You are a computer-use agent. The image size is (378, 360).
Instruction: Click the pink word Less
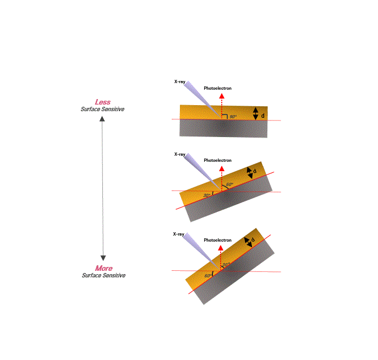(103, 102)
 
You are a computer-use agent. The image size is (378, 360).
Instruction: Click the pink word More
(104, 268)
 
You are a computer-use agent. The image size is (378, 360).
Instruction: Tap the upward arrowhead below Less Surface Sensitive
(102, 119)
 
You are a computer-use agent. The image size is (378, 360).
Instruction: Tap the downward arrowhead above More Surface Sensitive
(103, 258)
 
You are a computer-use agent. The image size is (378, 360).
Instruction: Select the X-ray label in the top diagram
(180, 81)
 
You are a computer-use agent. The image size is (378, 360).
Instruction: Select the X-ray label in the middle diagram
(180, 154)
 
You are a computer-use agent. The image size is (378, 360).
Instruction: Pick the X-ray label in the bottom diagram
(179, 234)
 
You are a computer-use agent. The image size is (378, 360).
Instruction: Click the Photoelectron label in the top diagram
(217, 88)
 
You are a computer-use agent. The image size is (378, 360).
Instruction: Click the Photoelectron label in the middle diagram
(217, 160)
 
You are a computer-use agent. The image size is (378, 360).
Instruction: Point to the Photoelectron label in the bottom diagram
(217, 240)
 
